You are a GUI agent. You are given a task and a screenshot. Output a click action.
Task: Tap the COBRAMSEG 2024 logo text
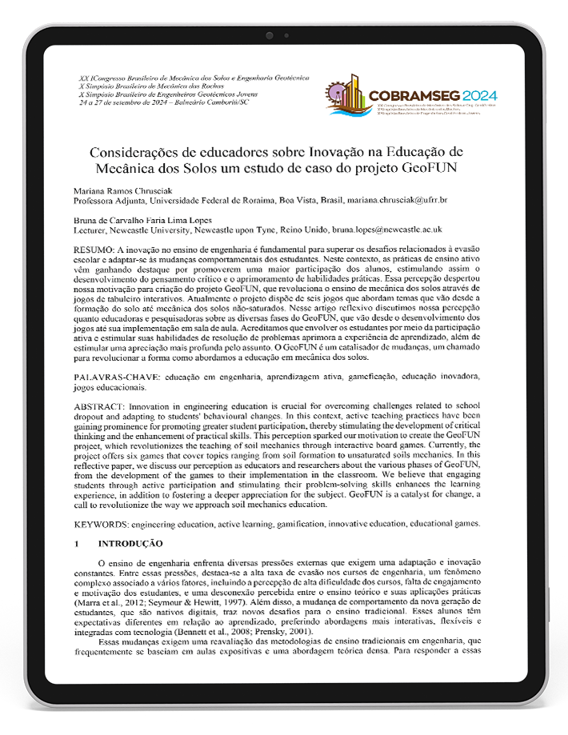[x=433, y=96]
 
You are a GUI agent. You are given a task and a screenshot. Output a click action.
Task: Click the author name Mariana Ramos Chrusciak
[x=122, y=190]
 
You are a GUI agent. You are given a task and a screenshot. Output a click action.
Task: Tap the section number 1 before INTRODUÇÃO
[x=76, y=543]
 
